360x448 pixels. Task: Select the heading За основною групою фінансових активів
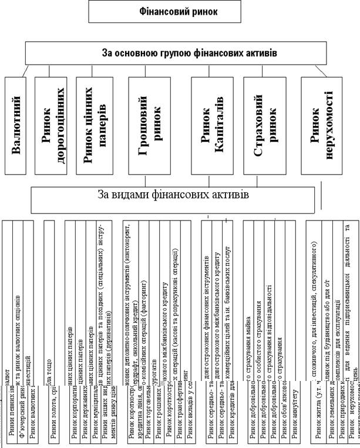click(x=181, y=54)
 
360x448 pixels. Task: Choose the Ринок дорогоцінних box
click(x=53, y=125)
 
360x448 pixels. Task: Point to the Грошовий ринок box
click(x=149, y=125)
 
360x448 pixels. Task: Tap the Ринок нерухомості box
click(x=321, y=125)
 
